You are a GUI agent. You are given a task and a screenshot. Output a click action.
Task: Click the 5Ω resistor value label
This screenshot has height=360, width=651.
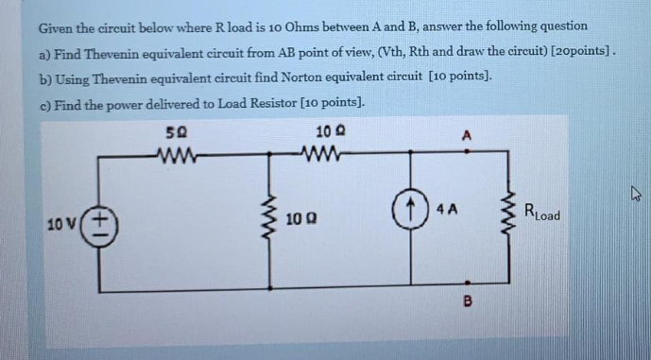click(174, 133)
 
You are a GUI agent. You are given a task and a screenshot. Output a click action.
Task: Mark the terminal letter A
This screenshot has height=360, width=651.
click(467, 134)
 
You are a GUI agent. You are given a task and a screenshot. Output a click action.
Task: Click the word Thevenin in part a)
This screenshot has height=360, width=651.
click(105, 52)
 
